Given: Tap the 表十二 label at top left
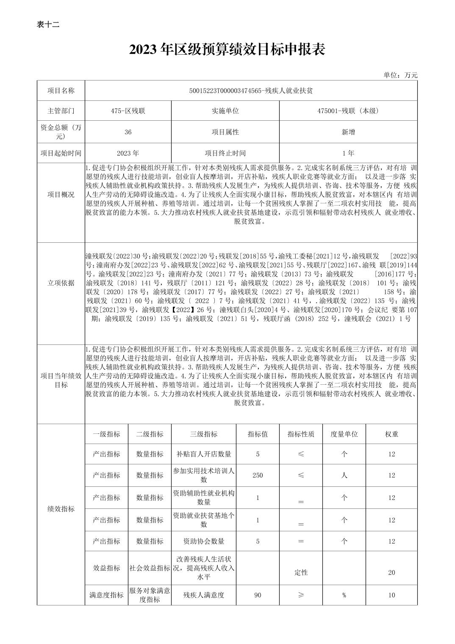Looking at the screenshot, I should (x=48, y=25).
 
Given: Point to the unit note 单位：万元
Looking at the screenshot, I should (x=400, y=75).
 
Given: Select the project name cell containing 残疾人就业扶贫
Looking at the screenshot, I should (x=251, y=90).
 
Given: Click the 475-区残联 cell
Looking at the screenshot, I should (x=128, y=111).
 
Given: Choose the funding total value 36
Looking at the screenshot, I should (x=128, y=132).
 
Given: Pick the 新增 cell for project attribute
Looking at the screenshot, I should (x=348, y=132).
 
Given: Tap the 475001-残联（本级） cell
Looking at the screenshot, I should (x=348, y=111).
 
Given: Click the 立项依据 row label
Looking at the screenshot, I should (x=61, y=283).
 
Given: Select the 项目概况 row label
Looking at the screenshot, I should (x=61, y=194).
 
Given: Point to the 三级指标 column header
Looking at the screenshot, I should (x=204, y=434).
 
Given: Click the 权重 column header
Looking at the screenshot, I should (x=391, y=434).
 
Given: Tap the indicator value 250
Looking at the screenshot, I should (x=258, y=475).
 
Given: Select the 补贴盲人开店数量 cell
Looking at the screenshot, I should (x=204, y=454).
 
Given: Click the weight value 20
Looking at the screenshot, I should (x=391, y=572).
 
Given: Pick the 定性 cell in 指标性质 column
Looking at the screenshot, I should (x=301, y=572).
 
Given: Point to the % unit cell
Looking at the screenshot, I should (x=344, y=595).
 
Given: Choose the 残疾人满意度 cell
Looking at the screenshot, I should (x=204, y=595).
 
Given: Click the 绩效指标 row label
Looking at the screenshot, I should (x=61, y=509).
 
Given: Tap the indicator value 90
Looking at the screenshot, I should (x=258, y=595).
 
